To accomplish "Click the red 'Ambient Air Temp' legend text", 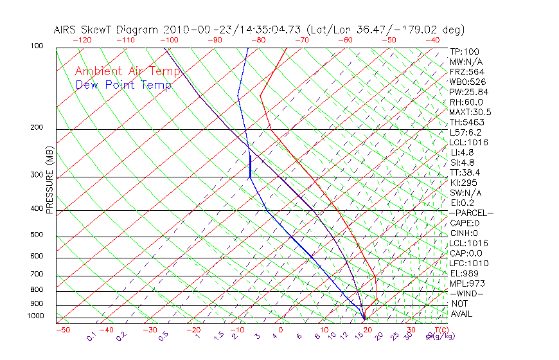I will click(x=122, y=71).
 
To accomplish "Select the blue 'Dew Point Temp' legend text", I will click(x=123, y=85).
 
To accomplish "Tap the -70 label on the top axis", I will click(x=301, y=39).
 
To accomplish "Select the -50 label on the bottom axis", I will click(x=62, y=330).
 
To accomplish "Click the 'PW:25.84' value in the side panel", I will click(x=468, y=92).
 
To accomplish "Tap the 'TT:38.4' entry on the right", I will click(x=466, y=172).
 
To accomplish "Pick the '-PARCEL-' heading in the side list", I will click(x=471, y=213).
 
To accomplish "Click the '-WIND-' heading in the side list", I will click(x=466, y=293).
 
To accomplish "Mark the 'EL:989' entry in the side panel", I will click(x=465, y=273).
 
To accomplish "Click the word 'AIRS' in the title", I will click(x=66, y=30).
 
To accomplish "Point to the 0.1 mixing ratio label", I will click(x=92, y=336).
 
